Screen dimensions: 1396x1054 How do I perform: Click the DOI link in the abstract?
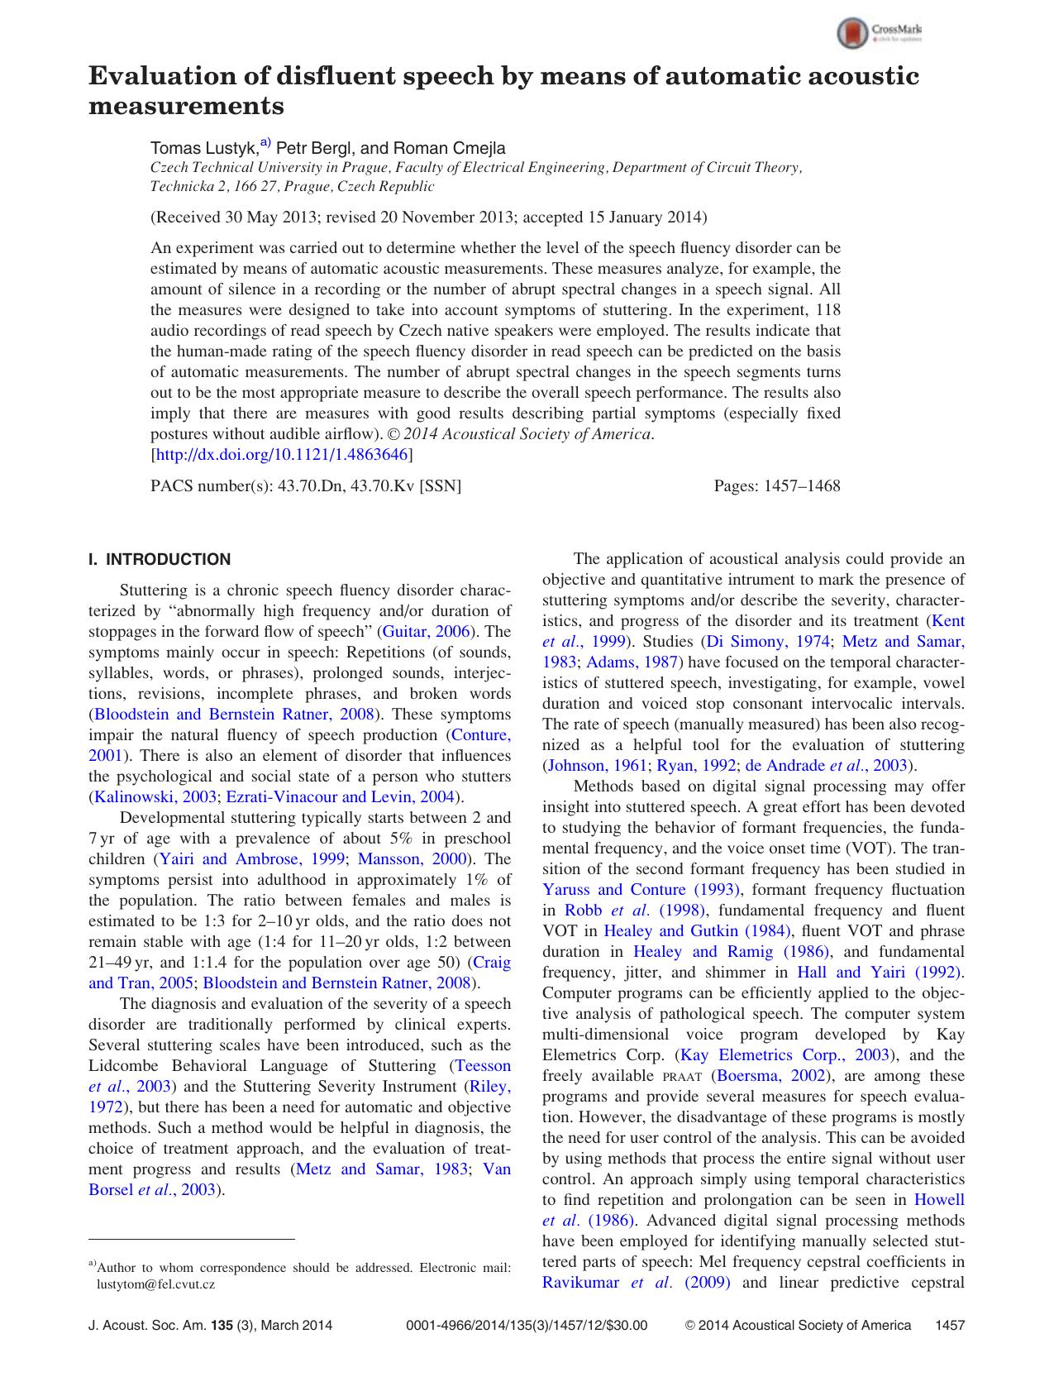[281, 455]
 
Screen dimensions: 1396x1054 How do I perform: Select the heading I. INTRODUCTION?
[160, 560]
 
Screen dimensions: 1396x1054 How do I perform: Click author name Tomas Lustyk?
[203, 149]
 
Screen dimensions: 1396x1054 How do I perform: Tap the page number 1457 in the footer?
[949, 1326]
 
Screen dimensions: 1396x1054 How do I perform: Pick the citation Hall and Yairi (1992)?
[880, 973]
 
